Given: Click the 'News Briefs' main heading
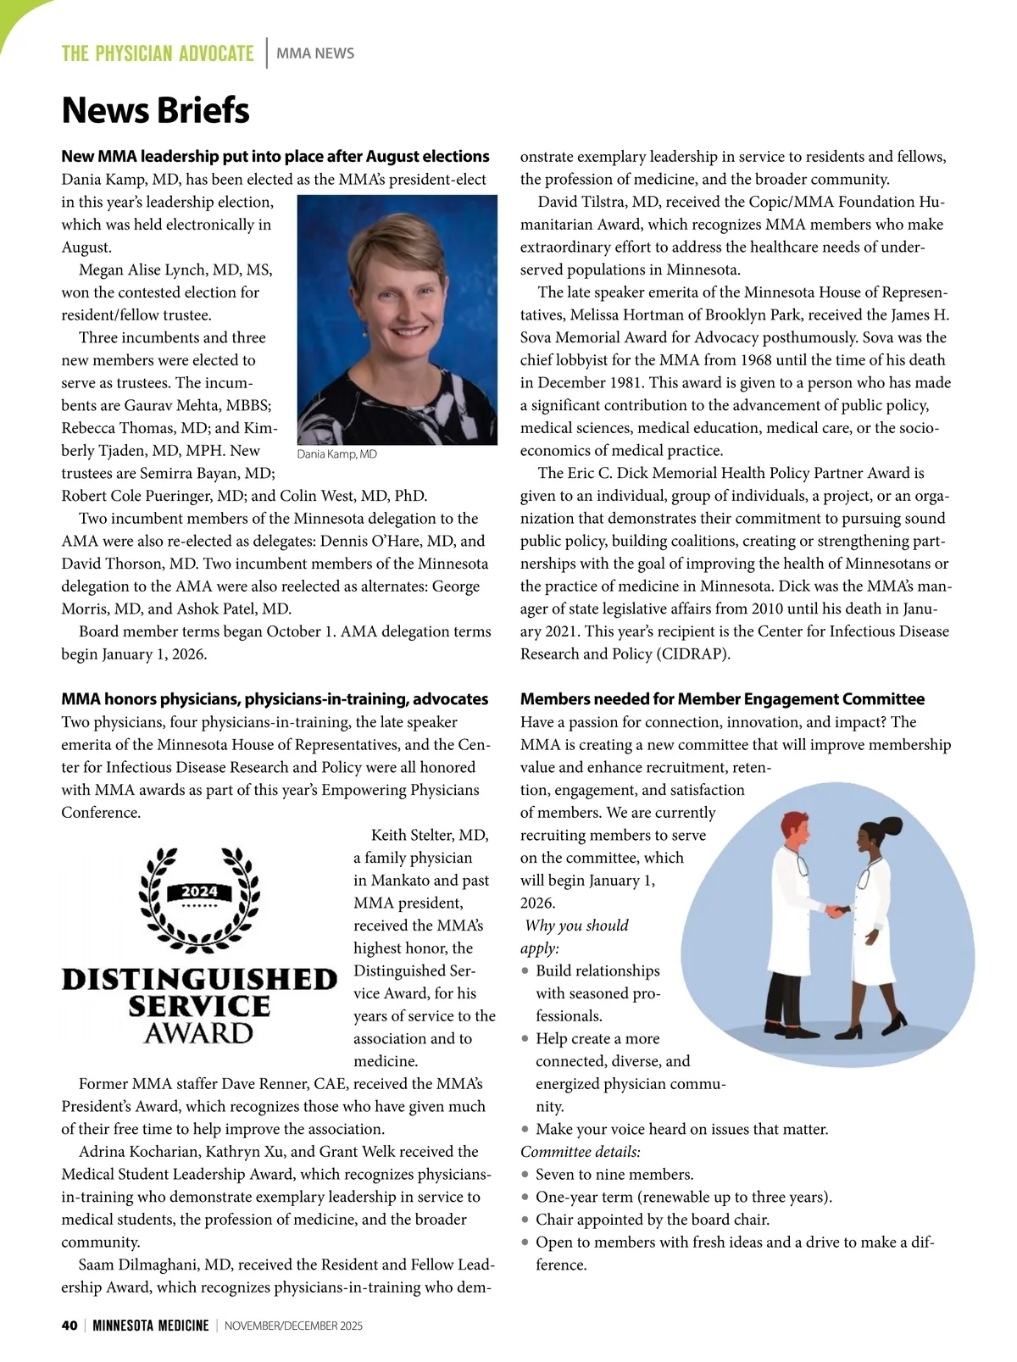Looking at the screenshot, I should [155, 110].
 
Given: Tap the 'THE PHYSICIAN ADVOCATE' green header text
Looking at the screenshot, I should [158, 53].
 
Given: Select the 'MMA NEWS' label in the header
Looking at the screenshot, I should [315, 53].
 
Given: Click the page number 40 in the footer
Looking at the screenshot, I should [69, 1326].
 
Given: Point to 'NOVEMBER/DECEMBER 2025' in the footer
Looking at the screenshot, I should [293, 1326].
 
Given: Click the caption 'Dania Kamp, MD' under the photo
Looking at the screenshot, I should [336, 454].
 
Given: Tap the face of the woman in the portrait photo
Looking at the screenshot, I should [397, 297].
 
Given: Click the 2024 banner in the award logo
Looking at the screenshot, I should [200, 892].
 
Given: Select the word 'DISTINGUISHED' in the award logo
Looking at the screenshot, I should [199, 980].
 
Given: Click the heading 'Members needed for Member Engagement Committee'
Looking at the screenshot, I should [722, 699].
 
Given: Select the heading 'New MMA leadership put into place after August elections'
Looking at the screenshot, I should [275, 156].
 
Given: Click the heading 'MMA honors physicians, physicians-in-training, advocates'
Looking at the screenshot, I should [275, 699].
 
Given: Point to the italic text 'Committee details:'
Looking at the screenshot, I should [580, 1152].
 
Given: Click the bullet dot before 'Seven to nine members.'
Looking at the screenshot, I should [526, 1175].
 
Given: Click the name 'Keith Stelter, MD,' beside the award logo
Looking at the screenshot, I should [430, 836].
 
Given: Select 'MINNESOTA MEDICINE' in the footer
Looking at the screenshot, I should [150, 1326].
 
